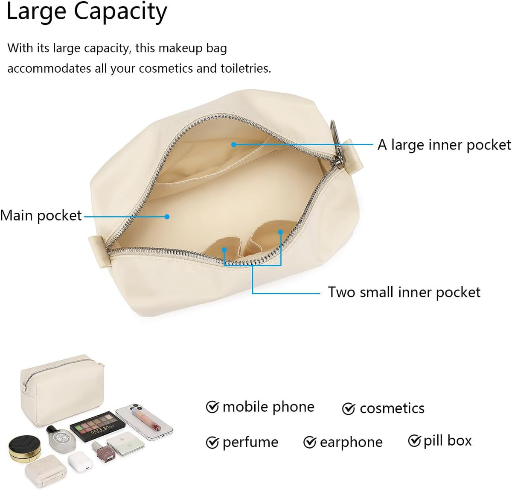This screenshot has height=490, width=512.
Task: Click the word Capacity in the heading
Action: point(120,12)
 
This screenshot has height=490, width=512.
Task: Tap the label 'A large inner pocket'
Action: point(444,145)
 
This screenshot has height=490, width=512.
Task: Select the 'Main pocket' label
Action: point(41,216)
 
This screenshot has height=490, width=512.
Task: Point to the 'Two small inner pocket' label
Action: point(404,292)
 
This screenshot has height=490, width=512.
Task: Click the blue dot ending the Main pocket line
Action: point(167,217)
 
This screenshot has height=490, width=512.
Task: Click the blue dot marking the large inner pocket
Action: point(234,144)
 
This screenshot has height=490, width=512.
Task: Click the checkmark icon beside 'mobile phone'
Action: point(212,407)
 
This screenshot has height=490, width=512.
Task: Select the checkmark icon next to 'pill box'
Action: point(414,441)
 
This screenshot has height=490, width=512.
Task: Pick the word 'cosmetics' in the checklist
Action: point(392,408)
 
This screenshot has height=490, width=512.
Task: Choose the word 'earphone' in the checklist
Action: point(351,442)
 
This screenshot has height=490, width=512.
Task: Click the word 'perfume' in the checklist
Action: point(250,442)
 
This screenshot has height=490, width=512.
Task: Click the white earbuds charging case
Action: point(80,463)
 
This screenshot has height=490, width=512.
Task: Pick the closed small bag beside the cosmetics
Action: point(62,390)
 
